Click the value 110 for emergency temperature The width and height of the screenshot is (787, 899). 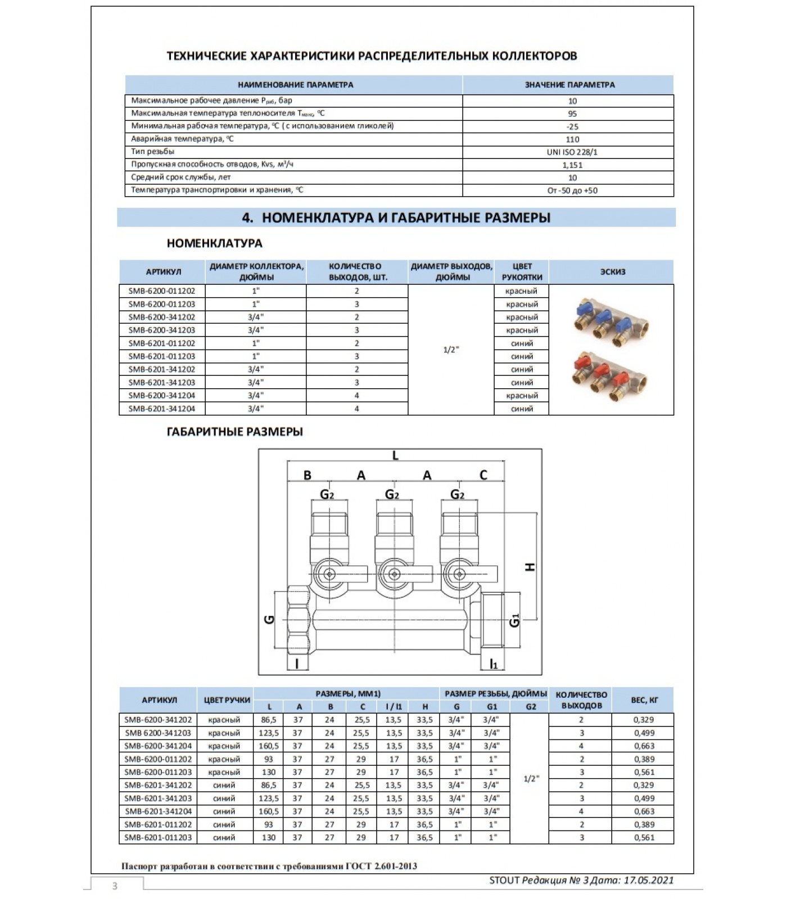tap(572, 139)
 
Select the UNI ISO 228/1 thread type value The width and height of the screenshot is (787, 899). tap(572, 152)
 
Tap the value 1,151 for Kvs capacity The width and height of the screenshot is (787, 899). tap(572, 165)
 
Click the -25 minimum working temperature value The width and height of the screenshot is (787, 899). tap(572, 127)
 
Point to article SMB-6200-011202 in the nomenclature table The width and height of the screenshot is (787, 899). tap(162, 291)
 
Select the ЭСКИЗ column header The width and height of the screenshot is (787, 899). tap(612, 272)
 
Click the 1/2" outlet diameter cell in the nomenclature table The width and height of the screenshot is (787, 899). tap(451, 349)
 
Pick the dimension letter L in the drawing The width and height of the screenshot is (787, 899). tap(395, 456)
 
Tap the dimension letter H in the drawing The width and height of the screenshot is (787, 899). tap(530, 567)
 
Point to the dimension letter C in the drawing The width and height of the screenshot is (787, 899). tap(483, 475)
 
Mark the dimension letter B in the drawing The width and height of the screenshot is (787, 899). tap(307, 475)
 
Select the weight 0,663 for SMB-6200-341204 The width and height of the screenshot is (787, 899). tap(644, 746)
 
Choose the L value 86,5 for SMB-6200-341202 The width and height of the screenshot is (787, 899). tap(269, 720)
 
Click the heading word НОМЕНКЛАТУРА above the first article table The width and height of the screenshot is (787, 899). tap(214, 243)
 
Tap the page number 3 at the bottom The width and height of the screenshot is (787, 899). tap(115, 886)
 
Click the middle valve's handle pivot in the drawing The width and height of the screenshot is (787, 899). tap(394, 574)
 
